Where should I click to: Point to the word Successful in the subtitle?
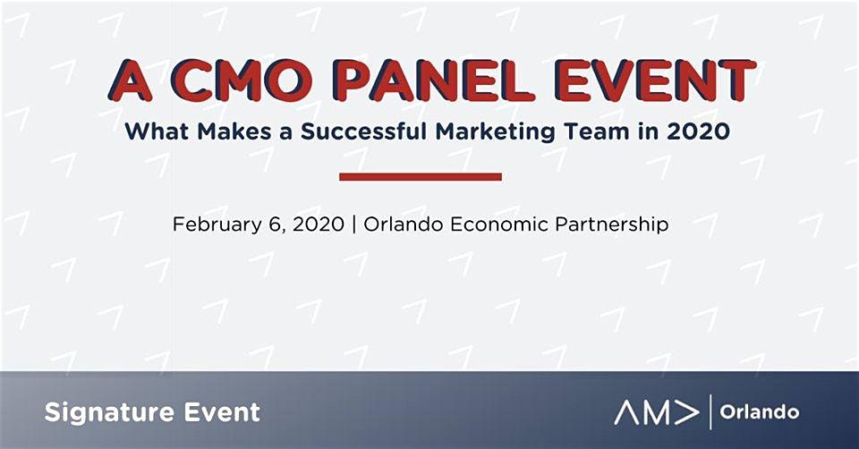pyautogui.click(x=364, y=131)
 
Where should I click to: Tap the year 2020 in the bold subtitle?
pyautogui.click(x=699, y=131)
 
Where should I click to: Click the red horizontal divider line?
pyautogui.click(x=421, y=176)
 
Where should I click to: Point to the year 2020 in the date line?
pyautogui.click(x=319, y=224)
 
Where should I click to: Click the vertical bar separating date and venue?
pyautogui.click(x=354, y=224)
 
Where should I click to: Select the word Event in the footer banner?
pyautogui.click(x=222, y=411)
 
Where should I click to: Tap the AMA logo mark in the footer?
pyautogui.click(x=656, y=412)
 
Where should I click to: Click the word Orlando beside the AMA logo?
pyautogui.click(x=760, y=411)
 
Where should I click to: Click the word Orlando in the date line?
pyautogui.click(x=404, y=224)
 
